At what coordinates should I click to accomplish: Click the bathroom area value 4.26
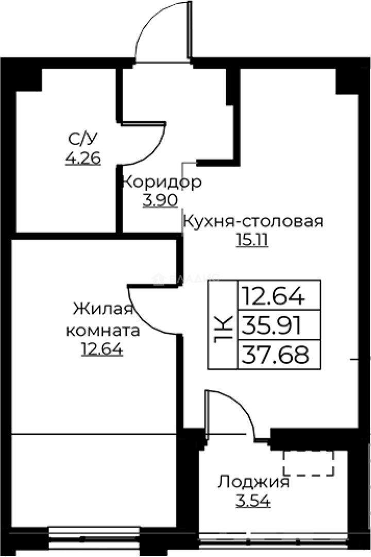point(82,158)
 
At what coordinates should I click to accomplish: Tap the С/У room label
point(82,139)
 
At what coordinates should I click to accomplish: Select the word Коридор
point(161,183)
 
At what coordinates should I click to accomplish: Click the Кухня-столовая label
point(253,222)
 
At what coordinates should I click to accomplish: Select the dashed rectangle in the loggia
point(308,463)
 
